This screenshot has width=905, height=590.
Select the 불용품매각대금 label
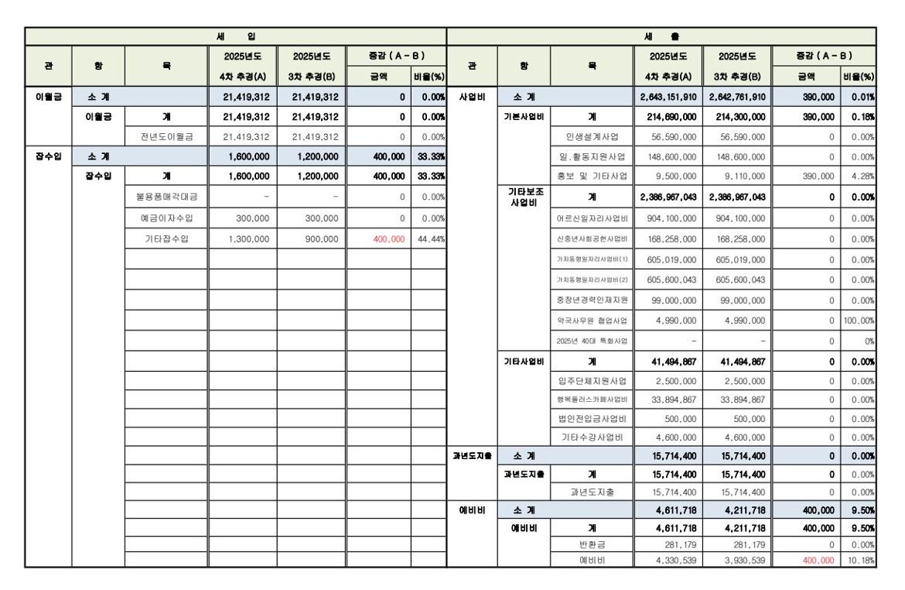point(166,197)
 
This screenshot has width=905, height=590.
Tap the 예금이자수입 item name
point(166,218)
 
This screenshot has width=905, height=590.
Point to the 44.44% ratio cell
point(428,238)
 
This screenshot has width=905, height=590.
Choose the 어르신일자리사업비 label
point(593,218)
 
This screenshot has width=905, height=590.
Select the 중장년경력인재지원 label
point(593,300)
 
